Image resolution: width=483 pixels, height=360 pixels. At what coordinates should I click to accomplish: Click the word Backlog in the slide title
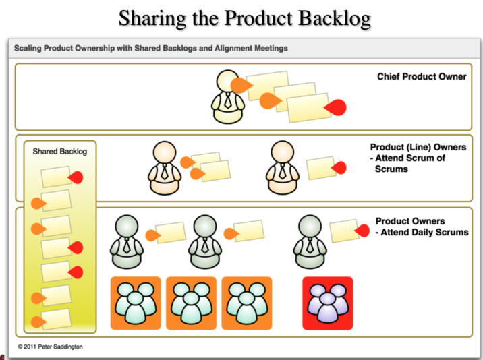335,18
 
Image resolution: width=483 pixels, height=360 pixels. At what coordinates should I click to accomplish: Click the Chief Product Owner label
421,77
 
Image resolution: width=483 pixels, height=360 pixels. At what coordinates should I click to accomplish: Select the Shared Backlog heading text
60,152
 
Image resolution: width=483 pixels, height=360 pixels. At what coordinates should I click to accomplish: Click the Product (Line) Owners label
418,147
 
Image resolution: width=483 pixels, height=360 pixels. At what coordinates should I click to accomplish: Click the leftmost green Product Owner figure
127,241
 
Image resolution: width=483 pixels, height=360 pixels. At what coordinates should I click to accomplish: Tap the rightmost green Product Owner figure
310,241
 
